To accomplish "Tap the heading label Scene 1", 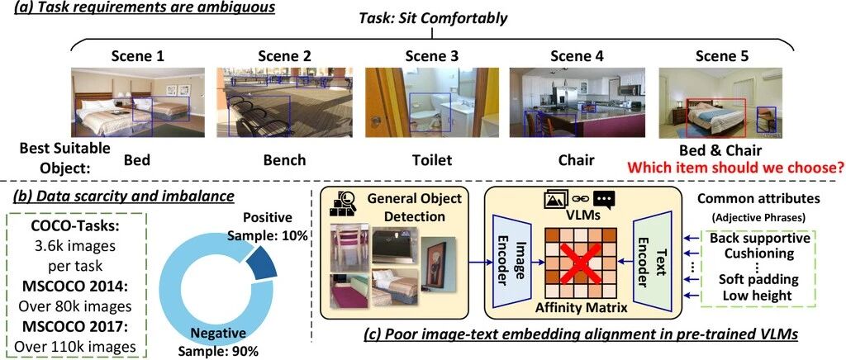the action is point(138,55).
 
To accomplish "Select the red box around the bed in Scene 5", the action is point(715,118).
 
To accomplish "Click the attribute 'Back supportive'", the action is point(760,238).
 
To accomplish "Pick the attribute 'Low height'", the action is point(760,295).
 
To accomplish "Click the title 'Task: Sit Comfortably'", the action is point(434,18).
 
